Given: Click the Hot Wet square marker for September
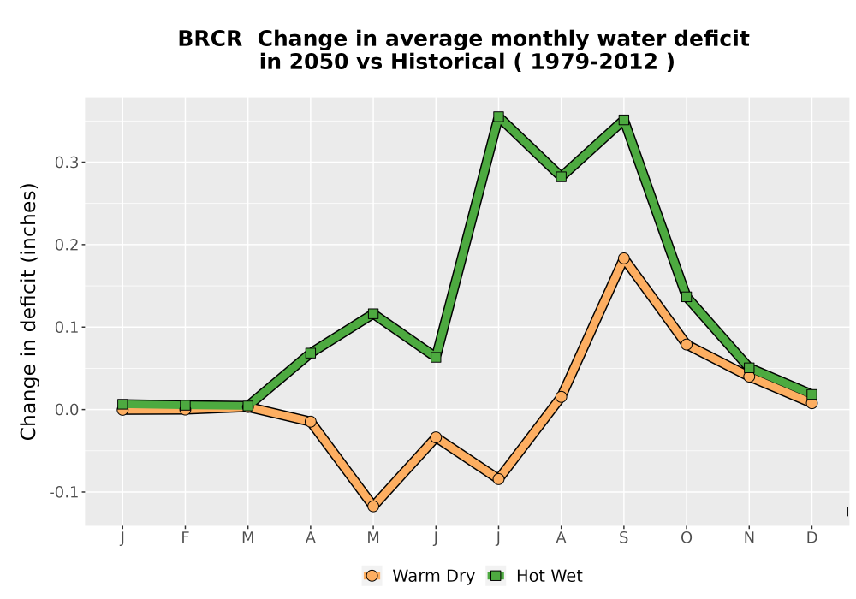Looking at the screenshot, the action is click(x=623, y=120).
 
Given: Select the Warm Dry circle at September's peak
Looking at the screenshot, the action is click(x=623, y=258).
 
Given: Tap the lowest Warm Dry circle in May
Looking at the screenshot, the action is click(x=373, y=507).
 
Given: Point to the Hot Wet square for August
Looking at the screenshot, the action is click(x=561, y=177).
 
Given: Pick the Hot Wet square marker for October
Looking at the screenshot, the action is click(x=687, y=297).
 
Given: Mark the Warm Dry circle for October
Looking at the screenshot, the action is click(x=687, y=344).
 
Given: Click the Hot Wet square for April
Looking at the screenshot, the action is click(x=310, y=353).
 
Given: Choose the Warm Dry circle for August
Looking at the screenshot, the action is click(x=561, y=396).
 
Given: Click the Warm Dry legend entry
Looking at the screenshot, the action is click(x=419, y=576).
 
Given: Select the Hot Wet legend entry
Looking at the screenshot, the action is click(x=534, y=576).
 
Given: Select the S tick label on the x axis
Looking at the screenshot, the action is click(x=623, y=538).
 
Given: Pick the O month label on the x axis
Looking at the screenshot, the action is click(x=687, y=538).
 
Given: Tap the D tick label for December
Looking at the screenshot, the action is click(x=811, y=538).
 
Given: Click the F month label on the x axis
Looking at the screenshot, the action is click(x=185, y=538).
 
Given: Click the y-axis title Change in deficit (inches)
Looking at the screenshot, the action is click(x=28, y=311).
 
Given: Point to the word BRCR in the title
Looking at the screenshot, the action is click(x=211, y=39).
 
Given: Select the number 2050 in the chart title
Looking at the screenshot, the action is click(x=318, y=62).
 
